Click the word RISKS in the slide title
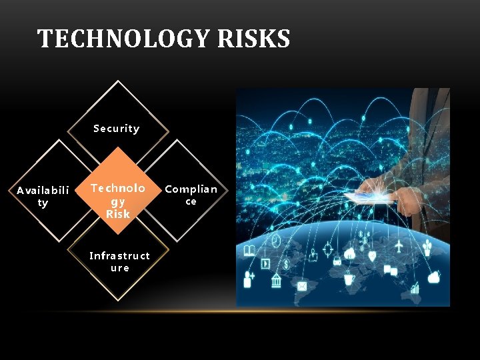click(x=253, y=39)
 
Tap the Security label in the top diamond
click(x=117, y=128)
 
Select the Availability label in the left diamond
click(x=43, y=197)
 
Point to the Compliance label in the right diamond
click(x=191, y=195)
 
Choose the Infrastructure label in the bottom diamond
click(x=120, y=261)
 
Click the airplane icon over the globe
click(x=399, y=247)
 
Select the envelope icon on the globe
click(x=302, y=286)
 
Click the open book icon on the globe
click(x=250, y=251)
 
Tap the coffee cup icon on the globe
click(x=348, y=280)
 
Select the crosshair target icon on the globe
click(x=327, y=248)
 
